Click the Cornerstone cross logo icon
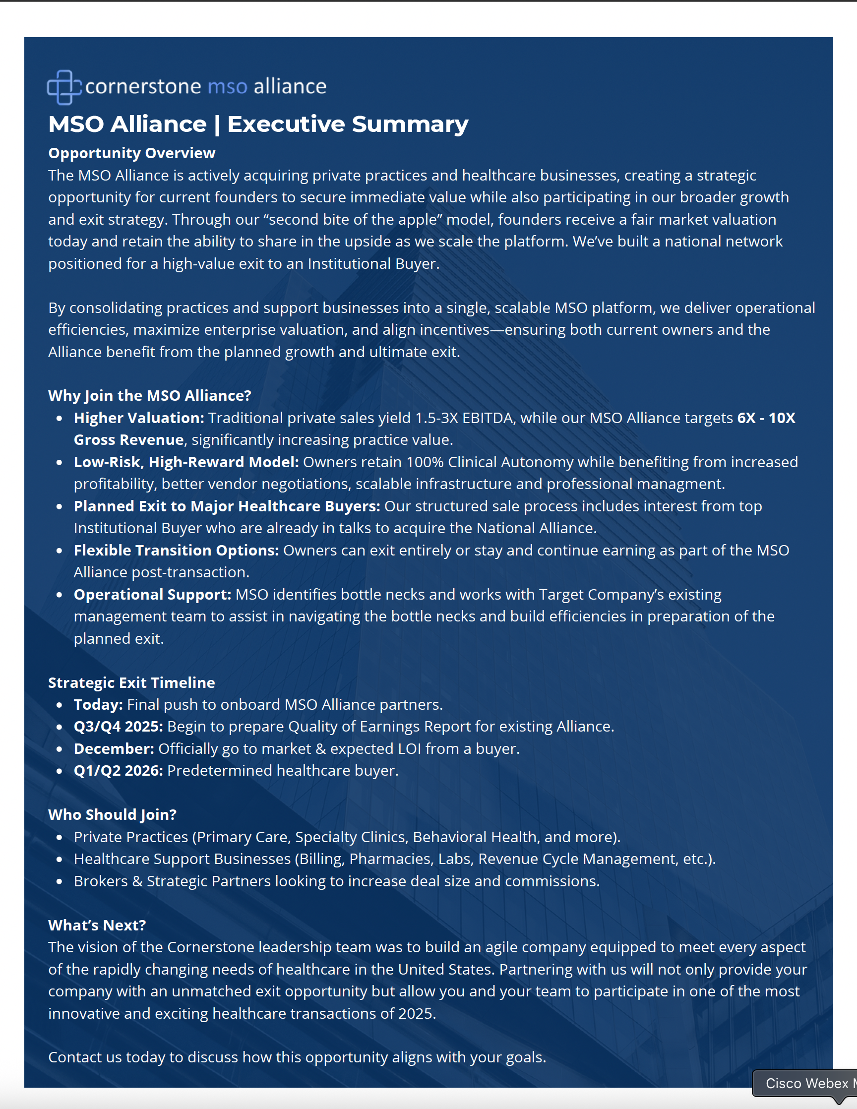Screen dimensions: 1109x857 64,87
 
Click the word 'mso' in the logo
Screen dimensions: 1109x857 228,87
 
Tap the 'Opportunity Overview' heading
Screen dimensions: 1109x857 131,153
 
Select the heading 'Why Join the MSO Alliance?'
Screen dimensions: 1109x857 149,396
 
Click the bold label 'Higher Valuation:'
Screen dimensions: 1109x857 138,418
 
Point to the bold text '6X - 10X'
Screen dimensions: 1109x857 766,418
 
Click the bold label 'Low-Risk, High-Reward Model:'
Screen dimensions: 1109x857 186,462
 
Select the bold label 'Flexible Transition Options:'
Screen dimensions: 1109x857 176,551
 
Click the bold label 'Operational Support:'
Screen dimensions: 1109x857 152,595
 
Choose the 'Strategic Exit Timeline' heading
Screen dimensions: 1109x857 131,683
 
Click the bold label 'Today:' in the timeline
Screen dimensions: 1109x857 98,705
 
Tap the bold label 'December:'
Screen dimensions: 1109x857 114,749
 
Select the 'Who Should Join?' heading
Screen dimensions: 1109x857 112,815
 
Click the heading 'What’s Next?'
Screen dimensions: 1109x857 97,925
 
